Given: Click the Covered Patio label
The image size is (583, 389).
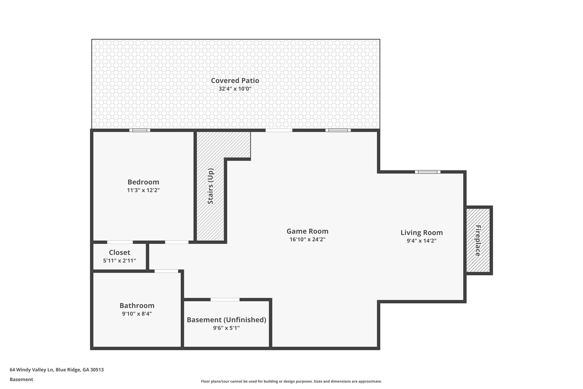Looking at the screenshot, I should pos(235,81).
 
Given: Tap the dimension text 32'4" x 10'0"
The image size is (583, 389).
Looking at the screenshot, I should pos(235,89).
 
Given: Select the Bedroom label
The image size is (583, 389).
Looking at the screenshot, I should pos(143,182).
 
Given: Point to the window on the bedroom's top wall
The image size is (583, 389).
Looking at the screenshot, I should pos(140,130).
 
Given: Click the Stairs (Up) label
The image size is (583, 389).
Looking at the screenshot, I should pos(210,186).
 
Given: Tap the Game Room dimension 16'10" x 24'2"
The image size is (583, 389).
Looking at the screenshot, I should pos(307,239).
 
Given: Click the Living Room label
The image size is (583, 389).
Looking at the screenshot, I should pos(422,233).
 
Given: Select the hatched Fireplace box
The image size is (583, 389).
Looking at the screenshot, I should pos(478,240).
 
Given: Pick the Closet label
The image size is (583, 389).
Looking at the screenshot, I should pos(120,252).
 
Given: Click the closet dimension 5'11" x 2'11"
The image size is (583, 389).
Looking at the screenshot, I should pos(120,260).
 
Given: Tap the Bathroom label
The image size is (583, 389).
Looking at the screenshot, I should pos(137,306).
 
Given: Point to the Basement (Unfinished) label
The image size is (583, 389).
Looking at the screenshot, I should pos(226,320).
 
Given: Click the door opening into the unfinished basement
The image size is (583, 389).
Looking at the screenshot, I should pos(225,300).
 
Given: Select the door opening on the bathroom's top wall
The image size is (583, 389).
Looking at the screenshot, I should pos(166,271).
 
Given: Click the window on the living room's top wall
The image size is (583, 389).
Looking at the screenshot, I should pos(428,172).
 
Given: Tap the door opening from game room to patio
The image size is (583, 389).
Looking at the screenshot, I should pos(279,130).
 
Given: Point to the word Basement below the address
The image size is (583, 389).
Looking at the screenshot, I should pos(21,379).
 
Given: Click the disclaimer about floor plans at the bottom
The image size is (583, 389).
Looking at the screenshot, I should pos(291,381).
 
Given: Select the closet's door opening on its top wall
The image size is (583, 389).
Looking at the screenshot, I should pos(120,242).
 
